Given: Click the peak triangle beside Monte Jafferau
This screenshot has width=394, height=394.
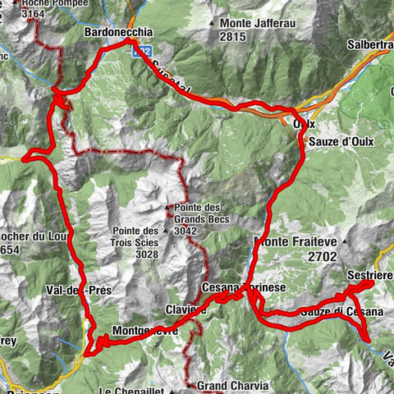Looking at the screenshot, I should [213, 23].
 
